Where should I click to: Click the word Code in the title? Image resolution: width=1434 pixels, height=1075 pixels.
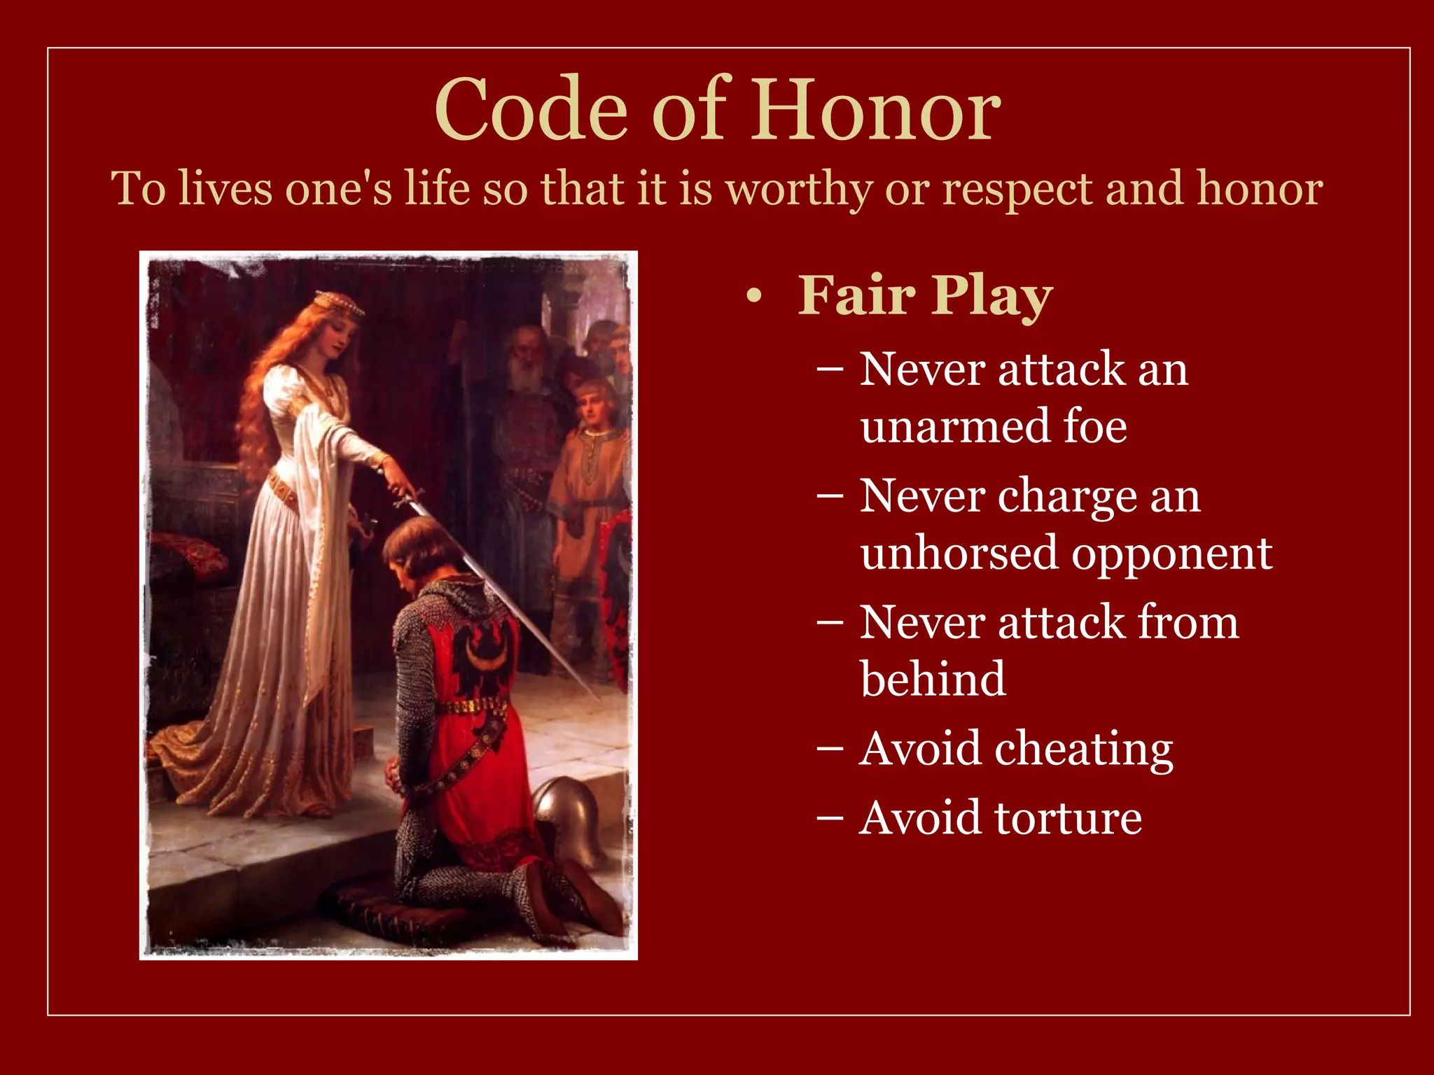(x=531, y=110)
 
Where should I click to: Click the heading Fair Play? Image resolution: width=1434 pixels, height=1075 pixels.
(x=925, y=295)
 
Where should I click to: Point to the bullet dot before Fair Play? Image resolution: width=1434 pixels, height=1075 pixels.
(x=753, y=297)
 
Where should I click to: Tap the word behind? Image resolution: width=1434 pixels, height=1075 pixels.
(x=933, y=679)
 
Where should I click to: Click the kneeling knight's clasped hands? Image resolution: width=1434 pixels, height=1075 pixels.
(x=396, y=773)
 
